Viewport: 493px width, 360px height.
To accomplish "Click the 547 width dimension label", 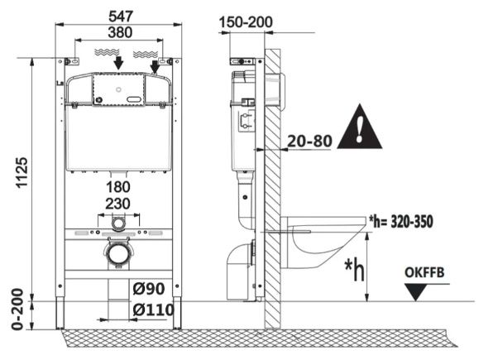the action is (121, 17).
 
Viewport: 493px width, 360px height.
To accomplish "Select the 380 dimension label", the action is (120, 32).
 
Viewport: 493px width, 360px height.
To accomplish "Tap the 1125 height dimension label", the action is (22, 173).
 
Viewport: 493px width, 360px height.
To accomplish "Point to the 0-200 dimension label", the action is (17, 309).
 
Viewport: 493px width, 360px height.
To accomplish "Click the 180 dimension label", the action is (118, 187).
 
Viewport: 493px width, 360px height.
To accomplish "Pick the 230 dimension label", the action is (117, 204).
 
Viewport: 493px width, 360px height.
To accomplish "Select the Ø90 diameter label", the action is (149, 289).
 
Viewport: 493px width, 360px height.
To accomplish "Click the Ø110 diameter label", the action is (153, 310).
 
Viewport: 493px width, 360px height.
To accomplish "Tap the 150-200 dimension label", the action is (246, 22).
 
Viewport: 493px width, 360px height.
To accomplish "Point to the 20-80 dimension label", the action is (309, 141).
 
